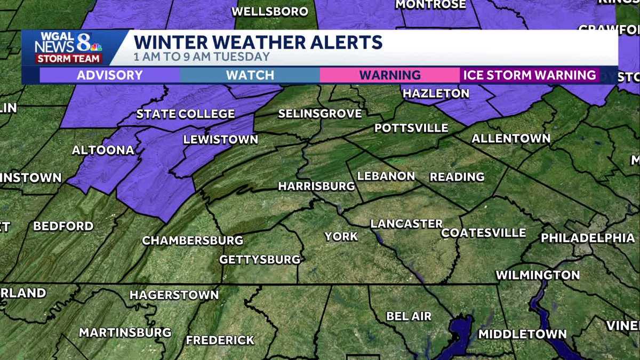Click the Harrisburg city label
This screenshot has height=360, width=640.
pyautogui.click(x=316, y=186)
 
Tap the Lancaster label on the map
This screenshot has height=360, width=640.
pyautogui.click(x=406, y=224)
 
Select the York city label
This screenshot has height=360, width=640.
pyautogui.click(x=341, y=236)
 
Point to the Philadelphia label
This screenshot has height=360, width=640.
pyautogui.click(x=588, y=238)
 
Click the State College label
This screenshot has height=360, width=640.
pyautogui.click(x=185, y=114)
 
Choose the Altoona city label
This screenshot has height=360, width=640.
pyautogui.click(x=103, y=150)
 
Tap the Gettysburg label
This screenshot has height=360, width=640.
pyautogui.click(x=260, y=260)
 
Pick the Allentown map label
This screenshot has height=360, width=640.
pyautogui.click(x=510, y=139)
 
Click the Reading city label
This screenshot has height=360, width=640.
pyautogui.click(x=457, y=177)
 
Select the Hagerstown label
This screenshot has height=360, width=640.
pyautogui.click(x=174, y=295)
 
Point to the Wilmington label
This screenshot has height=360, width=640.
pyautogui.click(x=538, y=275)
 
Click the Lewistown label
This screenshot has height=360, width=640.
pyautogui.click(x=220, y=140)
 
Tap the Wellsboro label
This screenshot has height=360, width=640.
pyautogui.click(x=270, y=11)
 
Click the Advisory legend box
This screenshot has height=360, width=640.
pyautogui.click(x=109, y=75)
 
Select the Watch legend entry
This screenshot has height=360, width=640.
pyautogui.click(x=250, y=75)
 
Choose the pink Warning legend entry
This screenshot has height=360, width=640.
pyautogui.click(x=390, y=75)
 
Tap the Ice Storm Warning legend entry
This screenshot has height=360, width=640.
pyautogui.click(x=530, y=75)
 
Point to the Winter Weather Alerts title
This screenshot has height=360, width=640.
pyautogui.click(x=258, y=42)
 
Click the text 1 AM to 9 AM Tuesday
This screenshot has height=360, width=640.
pyautogui.click(x=202, y=57)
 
